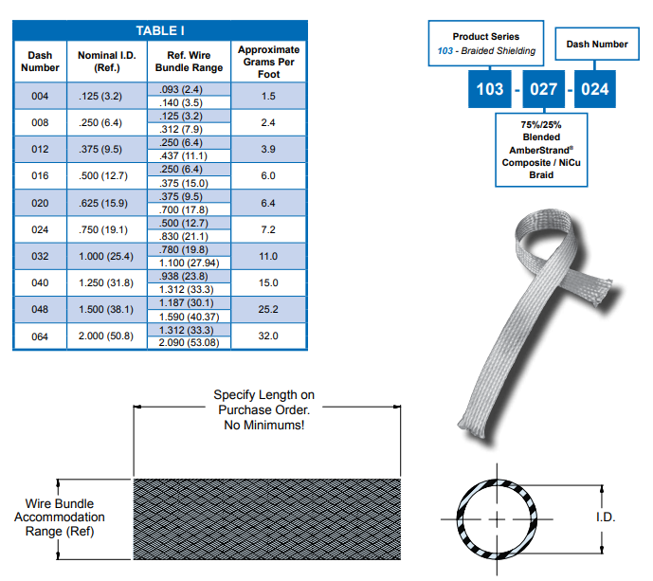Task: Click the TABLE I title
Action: pos(160,30)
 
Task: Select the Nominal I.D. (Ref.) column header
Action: pos(106,62)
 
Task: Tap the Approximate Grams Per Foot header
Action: pos(268,62)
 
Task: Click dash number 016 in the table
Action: pos(40,175)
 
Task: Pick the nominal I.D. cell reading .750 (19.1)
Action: pos(103,229)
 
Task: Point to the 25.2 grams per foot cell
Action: pos(268,309)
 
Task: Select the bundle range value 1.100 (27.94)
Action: pos(189,263)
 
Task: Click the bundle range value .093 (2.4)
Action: pos(181,89)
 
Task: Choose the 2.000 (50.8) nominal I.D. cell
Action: pos(106,336)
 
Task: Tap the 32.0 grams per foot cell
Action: pos(268,336)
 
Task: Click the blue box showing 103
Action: pos(490,89)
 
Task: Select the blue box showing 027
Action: pos(543,89)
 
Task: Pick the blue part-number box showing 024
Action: pos(594,89)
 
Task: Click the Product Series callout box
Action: pos(486,44)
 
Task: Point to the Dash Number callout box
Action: pos(597,44)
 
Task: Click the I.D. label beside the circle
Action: pos(606,517)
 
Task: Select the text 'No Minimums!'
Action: pos(264,425)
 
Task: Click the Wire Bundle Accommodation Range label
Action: pos(60,517)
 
